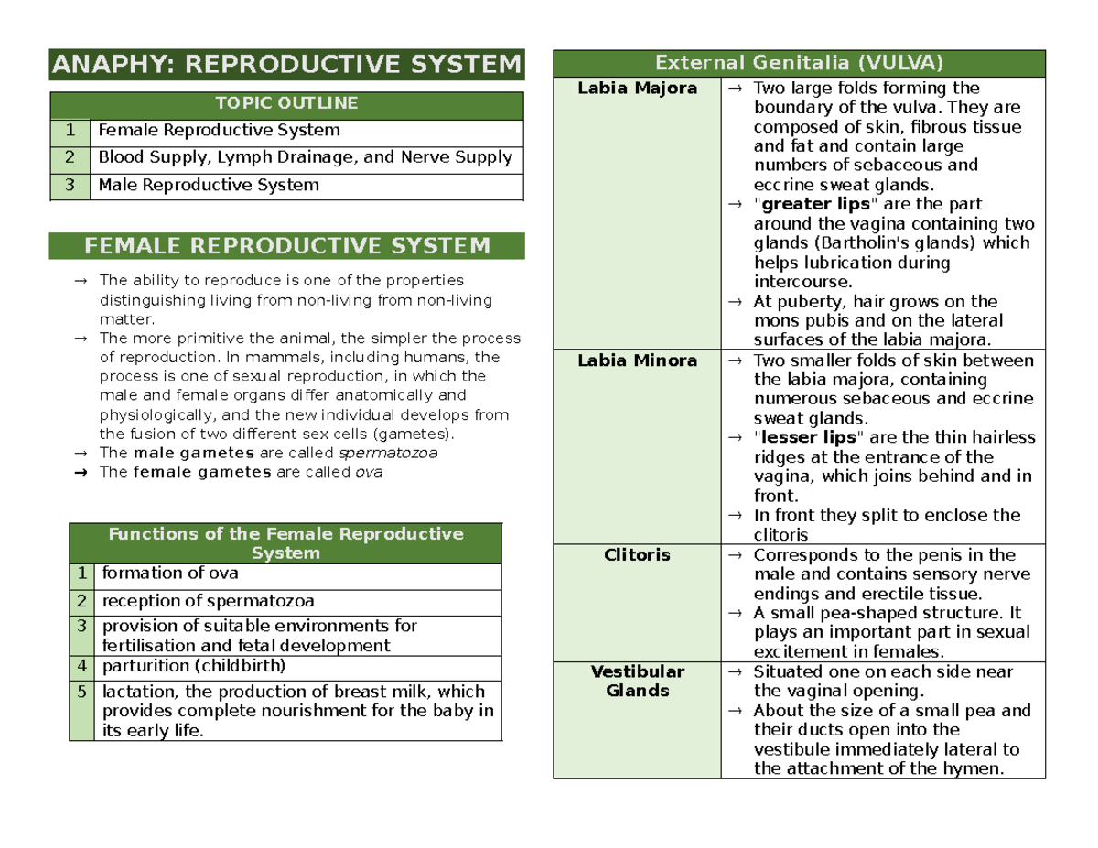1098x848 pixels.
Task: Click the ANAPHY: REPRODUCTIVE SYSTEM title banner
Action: tap(287, 66)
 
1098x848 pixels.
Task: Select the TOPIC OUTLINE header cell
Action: tap(287, 103)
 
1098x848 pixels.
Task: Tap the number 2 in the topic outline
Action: tap(70, 158)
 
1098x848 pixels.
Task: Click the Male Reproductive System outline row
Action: tap(209, 186)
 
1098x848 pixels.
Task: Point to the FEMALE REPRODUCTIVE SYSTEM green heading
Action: tap(287, 246)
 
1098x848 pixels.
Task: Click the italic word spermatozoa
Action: tap(389, 453)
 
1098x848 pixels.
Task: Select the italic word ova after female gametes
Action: tap(368, 473)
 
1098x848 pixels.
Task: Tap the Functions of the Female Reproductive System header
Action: tap(286, 542)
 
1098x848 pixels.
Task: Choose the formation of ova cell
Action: tap(170, 574)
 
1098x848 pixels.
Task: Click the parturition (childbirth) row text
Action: tap(194, 666)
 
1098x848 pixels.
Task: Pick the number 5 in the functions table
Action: tap(81, 692)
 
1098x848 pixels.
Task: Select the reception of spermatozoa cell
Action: tap(209, 602)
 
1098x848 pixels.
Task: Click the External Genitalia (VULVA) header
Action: tap(799, 63)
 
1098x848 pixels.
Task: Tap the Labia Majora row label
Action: tap(638, 89)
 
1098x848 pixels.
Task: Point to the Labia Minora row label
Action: tap(638, 360)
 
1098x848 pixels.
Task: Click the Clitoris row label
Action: tap(638, 555)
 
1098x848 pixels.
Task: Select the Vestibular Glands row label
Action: tap(638, 682)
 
